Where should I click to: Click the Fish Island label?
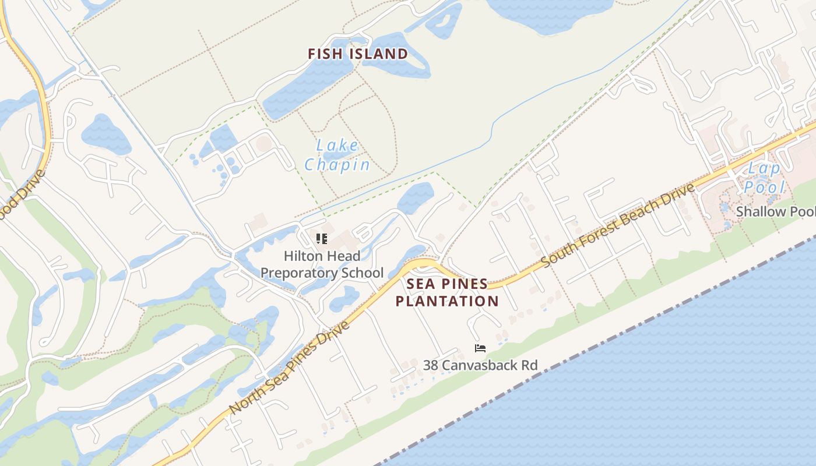point(358,54)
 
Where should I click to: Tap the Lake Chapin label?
point(337,156)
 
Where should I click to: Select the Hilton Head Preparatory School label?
point(322,264)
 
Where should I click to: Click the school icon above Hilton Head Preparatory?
point(322,238)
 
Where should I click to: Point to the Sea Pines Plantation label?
point(447,292)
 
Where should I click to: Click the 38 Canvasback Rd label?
point(480,365)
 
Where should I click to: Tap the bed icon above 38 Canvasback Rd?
point(480,348)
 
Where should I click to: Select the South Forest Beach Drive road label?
point(618,225)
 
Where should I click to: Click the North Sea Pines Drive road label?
point(290,368)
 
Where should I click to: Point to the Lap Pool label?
point(764,178)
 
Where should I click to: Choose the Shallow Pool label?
point(775,211)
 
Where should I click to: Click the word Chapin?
point(337,165)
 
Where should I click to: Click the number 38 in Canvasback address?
point(431,365)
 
